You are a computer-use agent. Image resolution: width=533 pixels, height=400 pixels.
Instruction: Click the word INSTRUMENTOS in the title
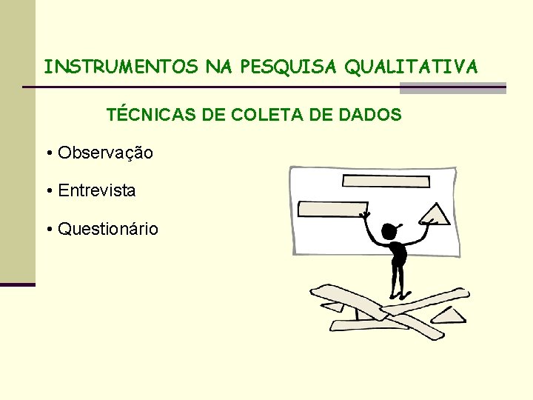point(121,67)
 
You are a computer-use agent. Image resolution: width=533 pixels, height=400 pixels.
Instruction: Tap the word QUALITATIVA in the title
point(411,67)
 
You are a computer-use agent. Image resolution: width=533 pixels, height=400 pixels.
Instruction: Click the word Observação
point(105,153)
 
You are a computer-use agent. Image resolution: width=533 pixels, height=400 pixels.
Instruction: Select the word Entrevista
point(97,190)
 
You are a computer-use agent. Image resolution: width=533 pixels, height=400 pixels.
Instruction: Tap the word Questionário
point(108,229)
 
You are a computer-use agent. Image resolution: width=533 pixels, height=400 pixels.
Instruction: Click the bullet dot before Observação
point(48,153)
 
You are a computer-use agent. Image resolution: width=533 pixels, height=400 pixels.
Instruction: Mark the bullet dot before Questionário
point(48,230)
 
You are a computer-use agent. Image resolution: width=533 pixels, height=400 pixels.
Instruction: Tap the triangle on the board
point(435,215)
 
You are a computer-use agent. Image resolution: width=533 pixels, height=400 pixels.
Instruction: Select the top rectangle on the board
point(386,181)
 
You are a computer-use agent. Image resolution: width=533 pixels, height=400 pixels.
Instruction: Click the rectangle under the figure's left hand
point(332,209)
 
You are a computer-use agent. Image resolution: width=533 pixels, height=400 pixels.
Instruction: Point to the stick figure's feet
point(398,298)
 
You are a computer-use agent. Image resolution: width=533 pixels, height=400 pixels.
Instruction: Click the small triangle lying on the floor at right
point(449,316)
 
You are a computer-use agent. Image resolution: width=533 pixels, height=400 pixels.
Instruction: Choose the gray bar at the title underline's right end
point(452,88)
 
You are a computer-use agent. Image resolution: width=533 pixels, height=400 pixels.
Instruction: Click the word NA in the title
point(218,67)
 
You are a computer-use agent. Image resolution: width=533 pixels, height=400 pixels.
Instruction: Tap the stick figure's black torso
point(399,256)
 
